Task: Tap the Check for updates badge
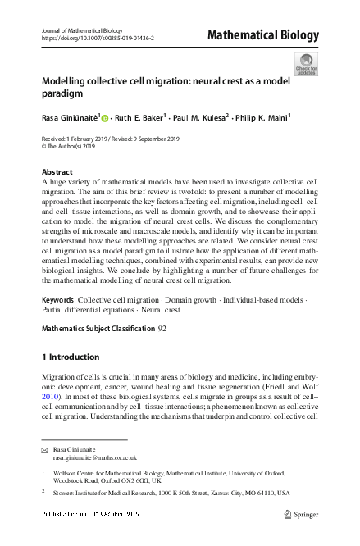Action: coord(306,64)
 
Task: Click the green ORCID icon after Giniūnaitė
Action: coord(105,118)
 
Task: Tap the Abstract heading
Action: coord(57,172)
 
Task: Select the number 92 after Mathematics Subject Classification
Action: coord(162,327)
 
